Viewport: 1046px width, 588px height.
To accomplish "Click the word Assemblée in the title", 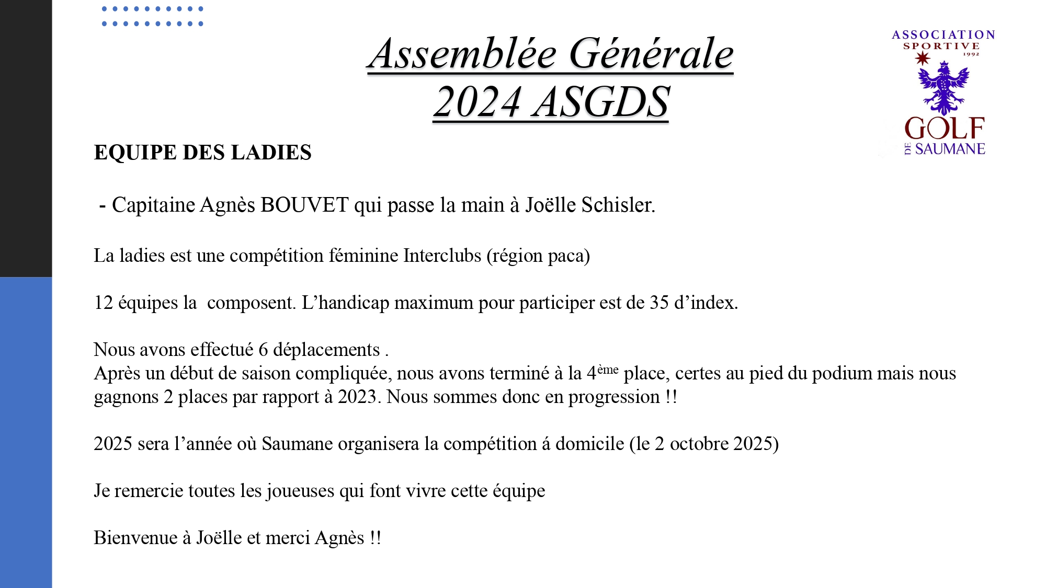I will point(461,54).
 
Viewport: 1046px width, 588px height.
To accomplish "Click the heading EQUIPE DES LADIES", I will point(202,153).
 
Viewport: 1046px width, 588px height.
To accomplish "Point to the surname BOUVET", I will point(304,205).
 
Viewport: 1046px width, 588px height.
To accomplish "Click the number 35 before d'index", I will point(659,303).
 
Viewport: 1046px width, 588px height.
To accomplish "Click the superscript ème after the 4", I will point(608,370).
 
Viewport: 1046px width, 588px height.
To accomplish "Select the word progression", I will point(614,397).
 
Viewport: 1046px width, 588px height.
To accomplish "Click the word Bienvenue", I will point(135,538).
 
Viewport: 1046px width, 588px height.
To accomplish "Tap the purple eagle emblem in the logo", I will point(943,87).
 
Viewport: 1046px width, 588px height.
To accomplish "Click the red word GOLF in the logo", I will point(944,129).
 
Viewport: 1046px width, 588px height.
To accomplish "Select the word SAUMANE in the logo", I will point(950,149).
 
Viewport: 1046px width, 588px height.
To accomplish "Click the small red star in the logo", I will point(923,59).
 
